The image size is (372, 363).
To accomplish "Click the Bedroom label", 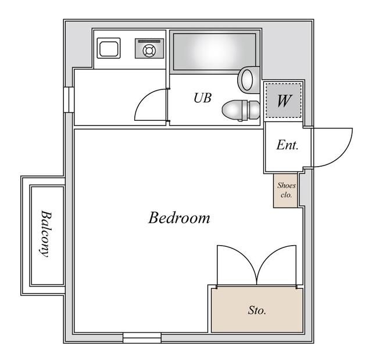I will point(179,218).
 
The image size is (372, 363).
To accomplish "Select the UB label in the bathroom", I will point(202,98).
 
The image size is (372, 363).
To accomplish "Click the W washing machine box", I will point(283,101).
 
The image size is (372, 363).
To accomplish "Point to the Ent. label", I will point(287,145).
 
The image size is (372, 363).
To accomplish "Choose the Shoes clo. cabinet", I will point(286,191).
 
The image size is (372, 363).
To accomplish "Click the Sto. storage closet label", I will point(257,310).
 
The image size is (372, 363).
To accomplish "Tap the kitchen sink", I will point(109,48).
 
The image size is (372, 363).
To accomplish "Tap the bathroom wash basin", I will point(249,80).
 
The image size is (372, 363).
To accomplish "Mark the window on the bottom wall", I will point(142,338).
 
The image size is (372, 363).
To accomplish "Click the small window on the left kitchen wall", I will point(68,98).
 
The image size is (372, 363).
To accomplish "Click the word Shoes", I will point(286,186).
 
